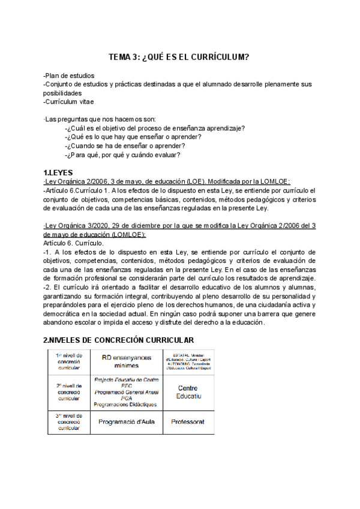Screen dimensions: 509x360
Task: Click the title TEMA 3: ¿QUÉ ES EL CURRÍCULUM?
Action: click(x=179, y=57)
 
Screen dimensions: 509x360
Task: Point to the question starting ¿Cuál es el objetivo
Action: click(x=155, y=128)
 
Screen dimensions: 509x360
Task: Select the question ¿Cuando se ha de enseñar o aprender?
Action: click(x=125, y=146)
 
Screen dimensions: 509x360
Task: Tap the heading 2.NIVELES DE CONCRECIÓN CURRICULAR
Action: click(x=118, y=340)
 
